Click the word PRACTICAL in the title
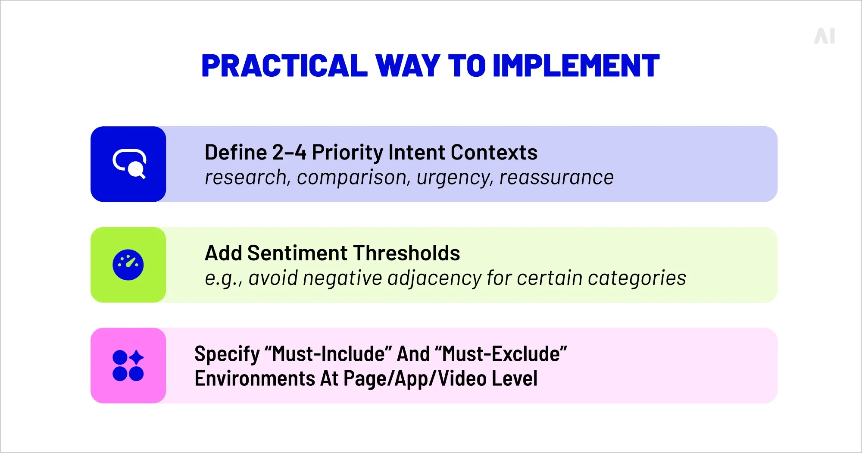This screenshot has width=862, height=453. point(284,66)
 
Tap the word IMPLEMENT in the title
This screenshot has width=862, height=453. point(575,66)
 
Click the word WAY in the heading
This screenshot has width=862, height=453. point(408,66)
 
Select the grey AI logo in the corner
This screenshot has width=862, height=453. point(825,36)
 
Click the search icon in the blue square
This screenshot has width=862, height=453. point(129,164)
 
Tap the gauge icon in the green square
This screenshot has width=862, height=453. point(128,265)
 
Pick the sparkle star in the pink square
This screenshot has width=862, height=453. point(137,357)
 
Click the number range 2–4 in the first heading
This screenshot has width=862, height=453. point(289,153)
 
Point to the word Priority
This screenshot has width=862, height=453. point(347,153)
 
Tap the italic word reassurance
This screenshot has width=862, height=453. point(556,178)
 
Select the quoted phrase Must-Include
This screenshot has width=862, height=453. point(328,354)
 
